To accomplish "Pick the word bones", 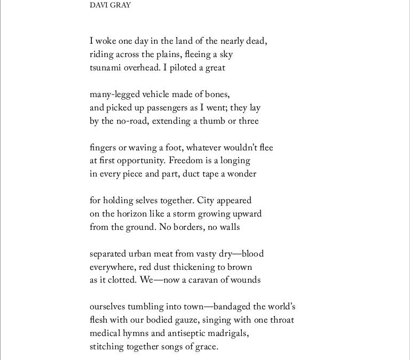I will coord(217,94).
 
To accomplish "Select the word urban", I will coord(144,254).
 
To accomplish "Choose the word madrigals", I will coord(229,333).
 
